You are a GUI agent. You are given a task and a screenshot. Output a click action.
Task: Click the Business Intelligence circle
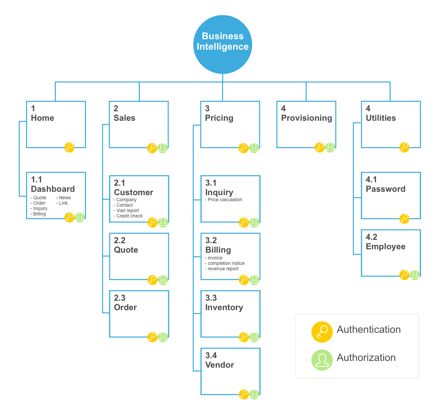tap(222, 44)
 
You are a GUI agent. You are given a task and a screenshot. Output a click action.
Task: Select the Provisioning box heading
tap(306, 118)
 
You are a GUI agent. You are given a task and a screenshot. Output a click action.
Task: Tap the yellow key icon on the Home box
tap(69, 147)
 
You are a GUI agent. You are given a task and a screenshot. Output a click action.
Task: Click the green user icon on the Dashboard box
tap(80, 217)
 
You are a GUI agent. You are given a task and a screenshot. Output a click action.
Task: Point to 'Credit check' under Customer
tap(129, 216)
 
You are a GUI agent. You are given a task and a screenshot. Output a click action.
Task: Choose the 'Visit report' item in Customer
tap(128, 211)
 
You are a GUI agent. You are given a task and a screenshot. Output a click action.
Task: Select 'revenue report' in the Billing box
tap(223, 269)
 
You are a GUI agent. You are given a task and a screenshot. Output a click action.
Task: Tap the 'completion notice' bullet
tap(226, 263)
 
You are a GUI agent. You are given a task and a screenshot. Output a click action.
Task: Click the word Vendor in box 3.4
tap(219, 365)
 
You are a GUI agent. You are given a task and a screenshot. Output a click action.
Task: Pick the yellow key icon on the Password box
tap(404, 219)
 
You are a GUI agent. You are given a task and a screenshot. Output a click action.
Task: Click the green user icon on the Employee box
tap(415, 275)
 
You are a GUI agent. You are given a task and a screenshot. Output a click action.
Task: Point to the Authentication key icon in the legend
tap(322, 332)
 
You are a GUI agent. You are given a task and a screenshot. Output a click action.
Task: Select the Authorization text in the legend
tap(366, 358)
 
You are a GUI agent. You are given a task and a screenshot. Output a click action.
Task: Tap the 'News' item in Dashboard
tap(65, 198)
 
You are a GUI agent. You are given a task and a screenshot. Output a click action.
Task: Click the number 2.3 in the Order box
tap(119, 298)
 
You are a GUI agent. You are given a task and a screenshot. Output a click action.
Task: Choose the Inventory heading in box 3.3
tap(224, 307)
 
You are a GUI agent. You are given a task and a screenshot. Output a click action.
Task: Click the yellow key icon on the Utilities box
tap(404, 147)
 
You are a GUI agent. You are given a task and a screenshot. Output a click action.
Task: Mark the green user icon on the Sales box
tap(163, 148)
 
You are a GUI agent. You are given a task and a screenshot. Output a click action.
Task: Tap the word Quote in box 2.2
tap(126, 250)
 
